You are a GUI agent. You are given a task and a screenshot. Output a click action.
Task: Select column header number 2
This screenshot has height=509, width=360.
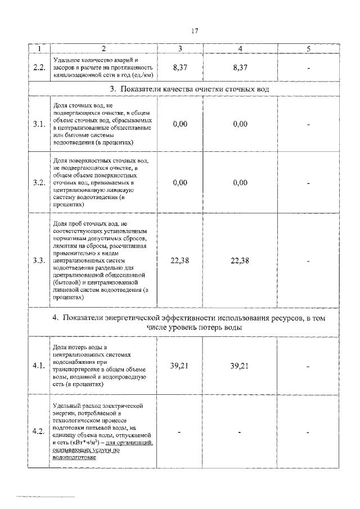[x=104, y=49]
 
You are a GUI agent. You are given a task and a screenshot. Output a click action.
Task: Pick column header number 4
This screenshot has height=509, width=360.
[x=240, y=49]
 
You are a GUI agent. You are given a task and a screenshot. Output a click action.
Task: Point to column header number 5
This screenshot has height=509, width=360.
[x=309, y=49]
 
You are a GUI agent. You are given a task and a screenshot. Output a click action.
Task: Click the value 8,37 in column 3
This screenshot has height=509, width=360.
[x=180, y=67]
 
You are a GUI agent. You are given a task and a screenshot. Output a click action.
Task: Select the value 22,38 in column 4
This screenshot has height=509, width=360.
[x=240, y=260]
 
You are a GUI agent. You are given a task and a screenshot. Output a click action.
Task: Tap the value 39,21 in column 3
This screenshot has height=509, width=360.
[x=180, y=366]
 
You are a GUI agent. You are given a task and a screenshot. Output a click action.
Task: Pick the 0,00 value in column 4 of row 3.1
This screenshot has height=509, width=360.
[x=240, y=124]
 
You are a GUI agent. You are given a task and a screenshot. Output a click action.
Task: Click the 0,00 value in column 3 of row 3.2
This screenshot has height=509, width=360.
[x=180, y=183]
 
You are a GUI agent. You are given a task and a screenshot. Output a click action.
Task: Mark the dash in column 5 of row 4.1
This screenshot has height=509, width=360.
[x=309, y=366]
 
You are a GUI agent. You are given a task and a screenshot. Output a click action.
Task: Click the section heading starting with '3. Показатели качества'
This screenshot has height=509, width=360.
[x=189, y=90]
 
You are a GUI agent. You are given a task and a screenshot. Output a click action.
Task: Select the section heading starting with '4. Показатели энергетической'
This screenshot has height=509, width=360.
[x=189, y=323]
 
